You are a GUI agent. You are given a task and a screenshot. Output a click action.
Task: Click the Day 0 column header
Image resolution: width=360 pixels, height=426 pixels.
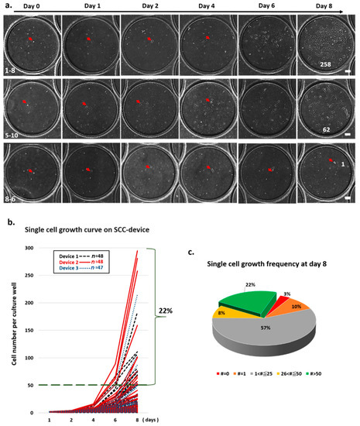coord(33,5)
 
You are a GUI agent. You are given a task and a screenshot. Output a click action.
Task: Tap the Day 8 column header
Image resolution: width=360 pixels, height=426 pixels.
coord(327,5)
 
